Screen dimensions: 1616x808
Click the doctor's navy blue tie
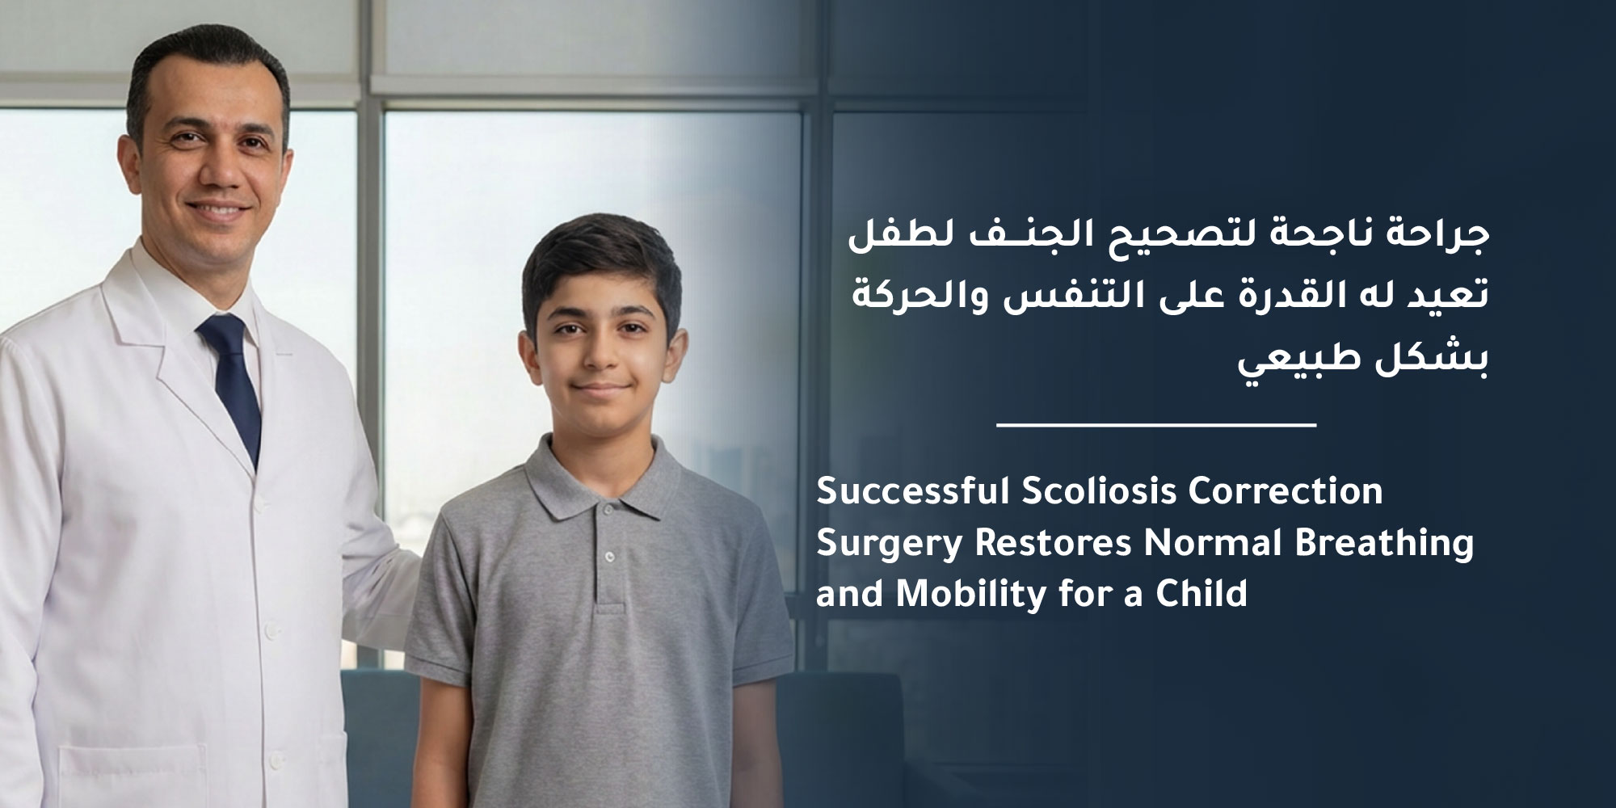233,380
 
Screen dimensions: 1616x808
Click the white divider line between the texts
1156,424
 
